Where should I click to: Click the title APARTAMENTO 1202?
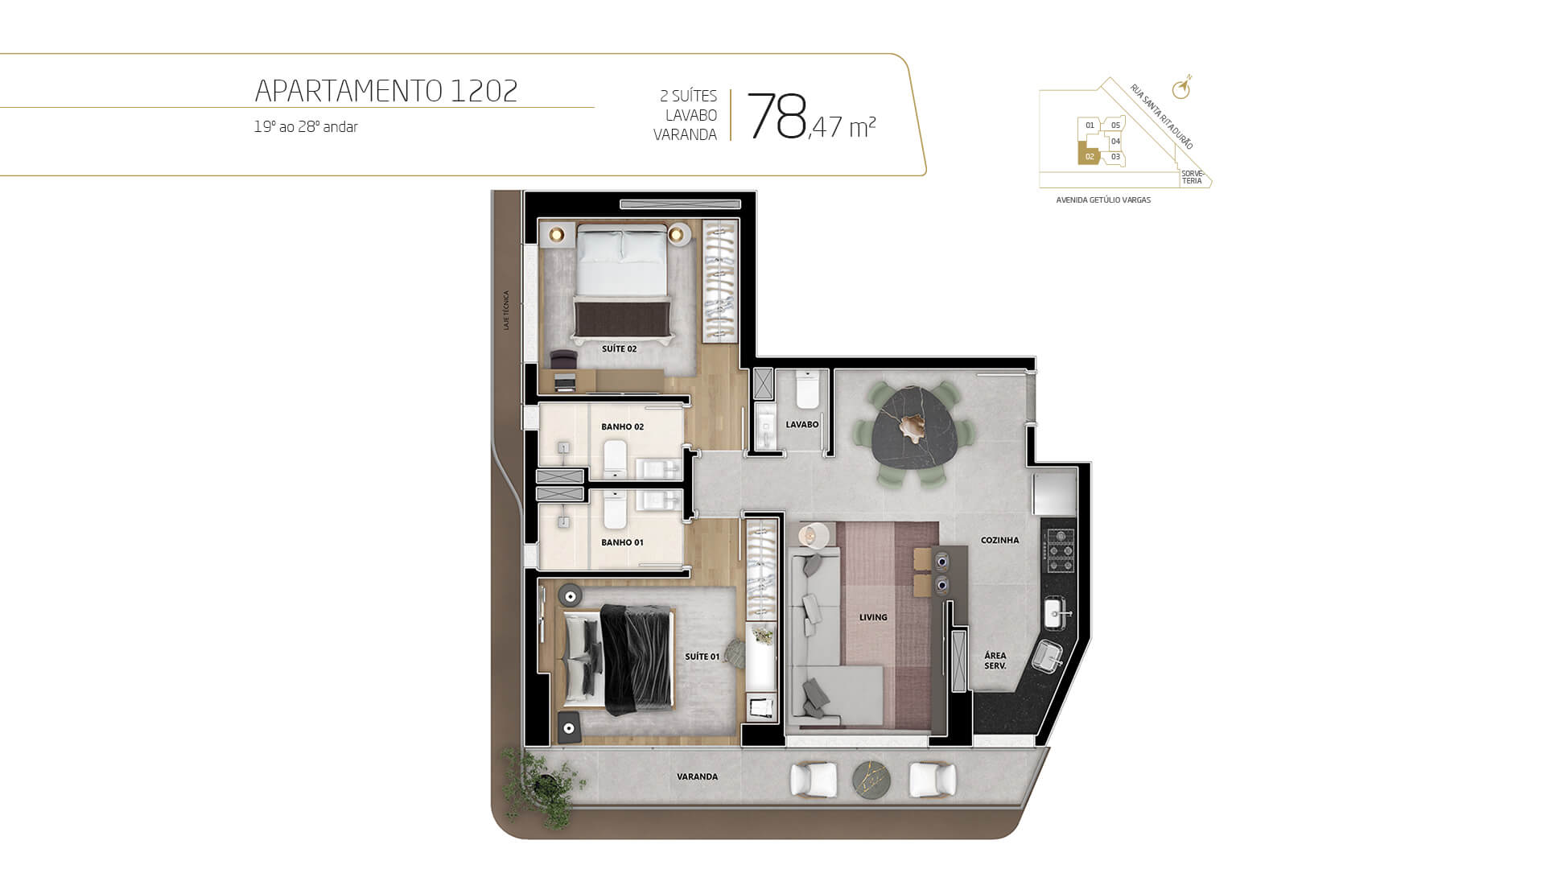click(386, 91)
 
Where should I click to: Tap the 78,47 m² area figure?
click(811, 117)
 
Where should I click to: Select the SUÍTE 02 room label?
click(620, 349)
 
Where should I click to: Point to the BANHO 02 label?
click(623, 427)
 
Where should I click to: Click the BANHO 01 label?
click(623, 543)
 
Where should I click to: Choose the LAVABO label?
click(802, 425)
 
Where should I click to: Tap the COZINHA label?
click(1000, 541)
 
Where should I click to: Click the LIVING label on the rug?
click(873, 618)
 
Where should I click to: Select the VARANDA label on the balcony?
click(697, 777)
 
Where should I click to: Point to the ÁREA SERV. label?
click(995, 661)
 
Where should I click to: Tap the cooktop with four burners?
click(1058, 550)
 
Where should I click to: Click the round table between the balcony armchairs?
click(872, 780)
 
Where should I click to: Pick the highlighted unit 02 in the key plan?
click(1090, 156)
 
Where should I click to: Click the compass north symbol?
click(1181, 88)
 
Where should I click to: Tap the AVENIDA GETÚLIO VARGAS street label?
click(1103, 200)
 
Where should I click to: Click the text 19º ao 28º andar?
click(306, 127)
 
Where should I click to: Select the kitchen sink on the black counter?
click(1057, 615)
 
